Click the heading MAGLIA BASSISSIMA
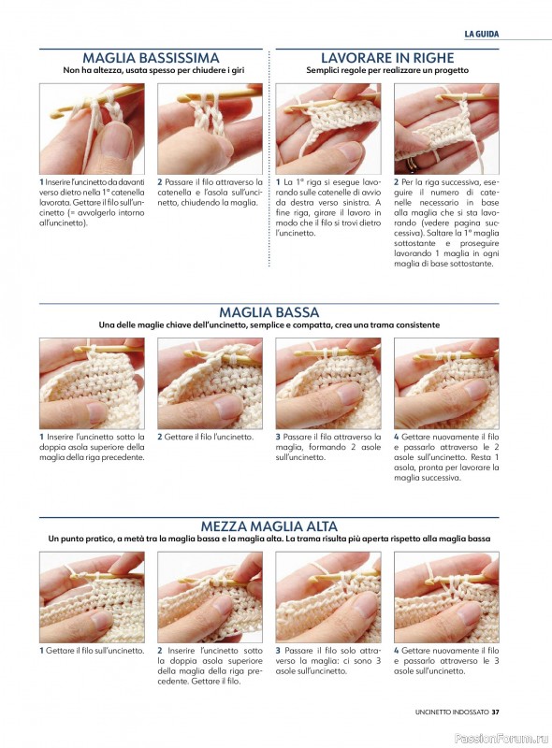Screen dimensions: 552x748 151,58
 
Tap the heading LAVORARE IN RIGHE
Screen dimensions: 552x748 387,58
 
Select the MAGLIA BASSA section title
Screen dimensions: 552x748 269,312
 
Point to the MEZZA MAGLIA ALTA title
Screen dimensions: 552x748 269,526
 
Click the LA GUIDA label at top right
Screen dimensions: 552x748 481,34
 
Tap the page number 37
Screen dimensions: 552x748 495,712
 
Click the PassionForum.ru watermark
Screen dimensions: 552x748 501,739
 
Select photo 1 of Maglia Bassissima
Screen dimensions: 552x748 92,129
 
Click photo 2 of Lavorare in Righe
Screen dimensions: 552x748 446,129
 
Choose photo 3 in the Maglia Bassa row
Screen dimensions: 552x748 328,383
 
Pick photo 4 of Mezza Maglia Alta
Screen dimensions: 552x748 446,597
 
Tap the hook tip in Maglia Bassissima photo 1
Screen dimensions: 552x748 54,114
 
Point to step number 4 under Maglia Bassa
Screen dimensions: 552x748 397,437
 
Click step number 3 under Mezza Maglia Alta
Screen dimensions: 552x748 278,650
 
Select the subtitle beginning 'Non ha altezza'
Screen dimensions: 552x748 153,70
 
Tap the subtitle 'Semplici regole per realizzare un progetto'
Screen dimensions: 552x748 387,70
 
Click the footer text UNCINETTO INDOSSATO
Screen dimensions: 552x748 452,712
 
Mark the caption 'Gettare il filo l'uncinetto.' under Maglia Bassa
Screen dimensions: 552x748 209,437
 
